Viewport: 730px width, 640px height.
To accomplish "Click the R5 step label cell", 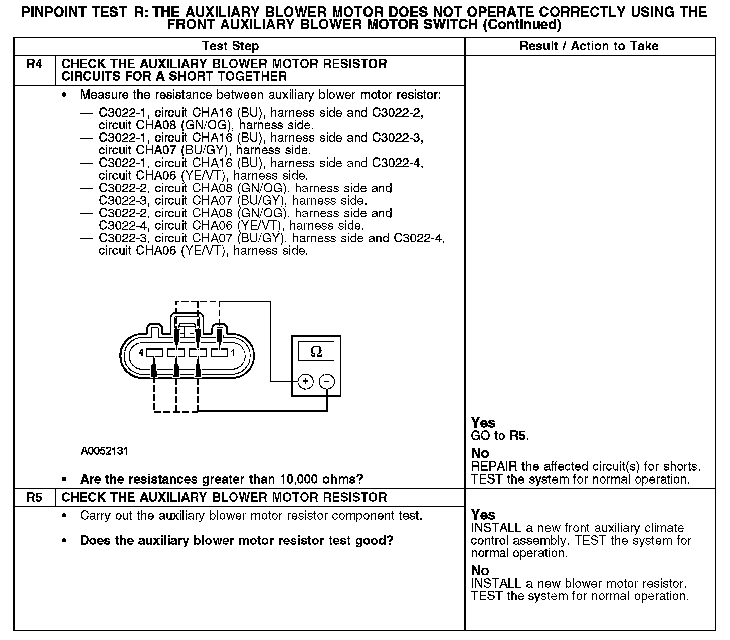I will (x=34, y=498).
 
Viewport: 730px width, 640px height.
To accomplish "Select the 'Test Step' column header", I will (x=230, y=46).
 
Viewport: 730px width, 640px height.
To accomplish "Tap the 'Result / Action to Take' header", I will (x=589, y=46).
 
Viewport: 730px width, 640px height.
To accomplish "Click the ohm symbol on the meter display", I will (x=316, y=351).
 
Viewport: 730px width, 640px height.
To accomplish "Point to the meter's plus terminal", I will (x=305, y=382).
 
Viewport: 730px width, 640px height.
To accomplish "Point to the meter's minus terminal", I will (x=327, y=382).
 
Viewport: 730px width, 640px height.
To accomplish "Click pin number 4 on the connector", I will (x=141, y=353).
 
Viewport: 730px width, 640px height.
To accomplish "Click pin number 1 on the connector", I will (x=233, y=353).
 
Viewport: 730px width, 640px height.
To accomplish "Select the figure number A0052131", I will (x=105, y=451).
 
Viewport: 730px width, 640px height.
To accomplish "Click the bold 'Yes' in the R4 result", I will (x=483, y=423).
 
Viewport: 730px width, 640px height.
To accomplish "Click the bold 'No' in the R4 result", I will (x=480, y=453).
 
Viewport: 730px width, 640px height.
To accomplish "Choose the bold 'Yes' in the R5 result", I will (x=483, y=515).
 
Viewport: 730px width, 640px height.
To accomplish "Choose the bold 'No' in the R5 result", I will (x=480, y=571).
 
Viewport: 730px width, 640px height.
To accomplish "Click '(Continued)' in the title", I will (x=521, y=24).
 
